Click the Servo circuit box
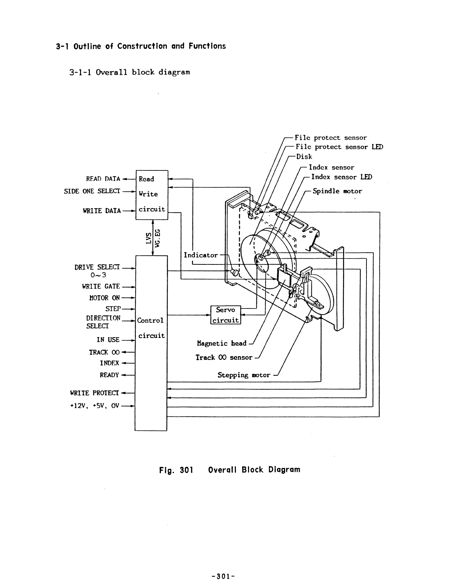click(226, 315)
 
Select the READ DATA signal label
click(103, 179)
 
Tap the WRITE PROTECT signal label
click(95, 393)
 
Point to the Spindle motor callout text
click(337, 191)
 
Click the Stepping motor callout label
click(244, 375)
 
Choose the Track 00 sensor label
click(224, 357)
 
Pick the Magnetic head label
click(222, 343)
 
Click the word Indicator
click(201, 255)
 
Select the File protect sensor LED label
click(339, 147)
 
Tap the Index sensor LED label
click(342, 177)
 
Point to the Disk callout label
click(304, 156)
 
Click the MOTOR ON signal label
click(104, 298)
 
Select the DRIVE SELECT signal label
click(97, 267)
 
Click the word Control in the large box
click(150, 320)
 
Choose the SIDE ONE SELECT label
click(92, 191)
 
